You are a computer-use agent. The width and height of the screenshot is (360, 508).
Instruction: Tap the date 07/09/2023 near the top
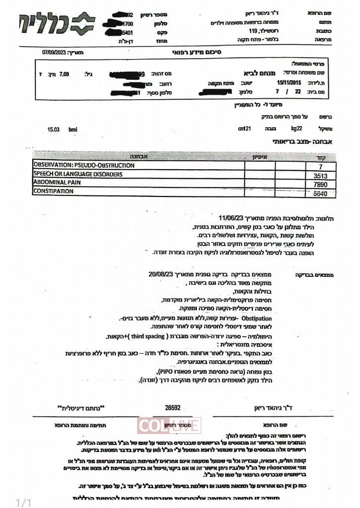point(53,52)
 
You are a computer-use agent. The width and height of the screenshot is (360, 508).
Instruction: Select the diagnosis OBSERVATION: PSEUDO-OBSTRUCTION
point(84,165)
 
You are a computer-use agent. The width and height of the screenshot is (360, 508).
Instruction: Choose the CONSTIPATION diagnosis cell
point(55,191)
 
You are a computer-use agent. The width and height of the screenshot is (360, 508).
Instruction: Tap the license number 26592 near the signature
point(173,407)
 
